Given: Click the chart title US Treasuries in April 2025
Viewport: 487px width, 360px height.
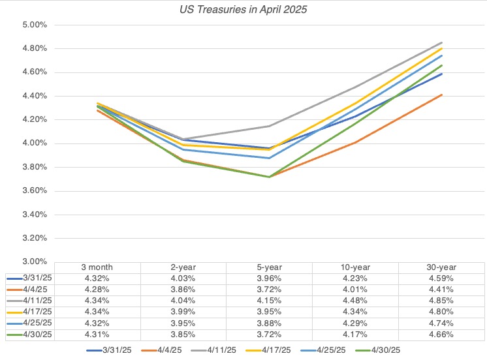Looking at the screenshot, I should point(243,10).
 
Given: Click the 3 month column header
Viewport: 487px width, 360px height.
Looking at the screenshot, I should point(97,267).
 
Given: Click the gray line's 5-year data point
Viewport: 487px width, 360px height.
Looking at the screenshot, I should point(270,126).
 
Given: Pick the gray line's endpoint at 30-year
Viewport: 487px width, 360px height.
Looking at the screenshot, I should point(442,42).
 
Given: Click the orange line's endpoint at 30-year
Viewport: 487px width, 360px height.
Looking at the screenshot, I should point(442,95).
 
